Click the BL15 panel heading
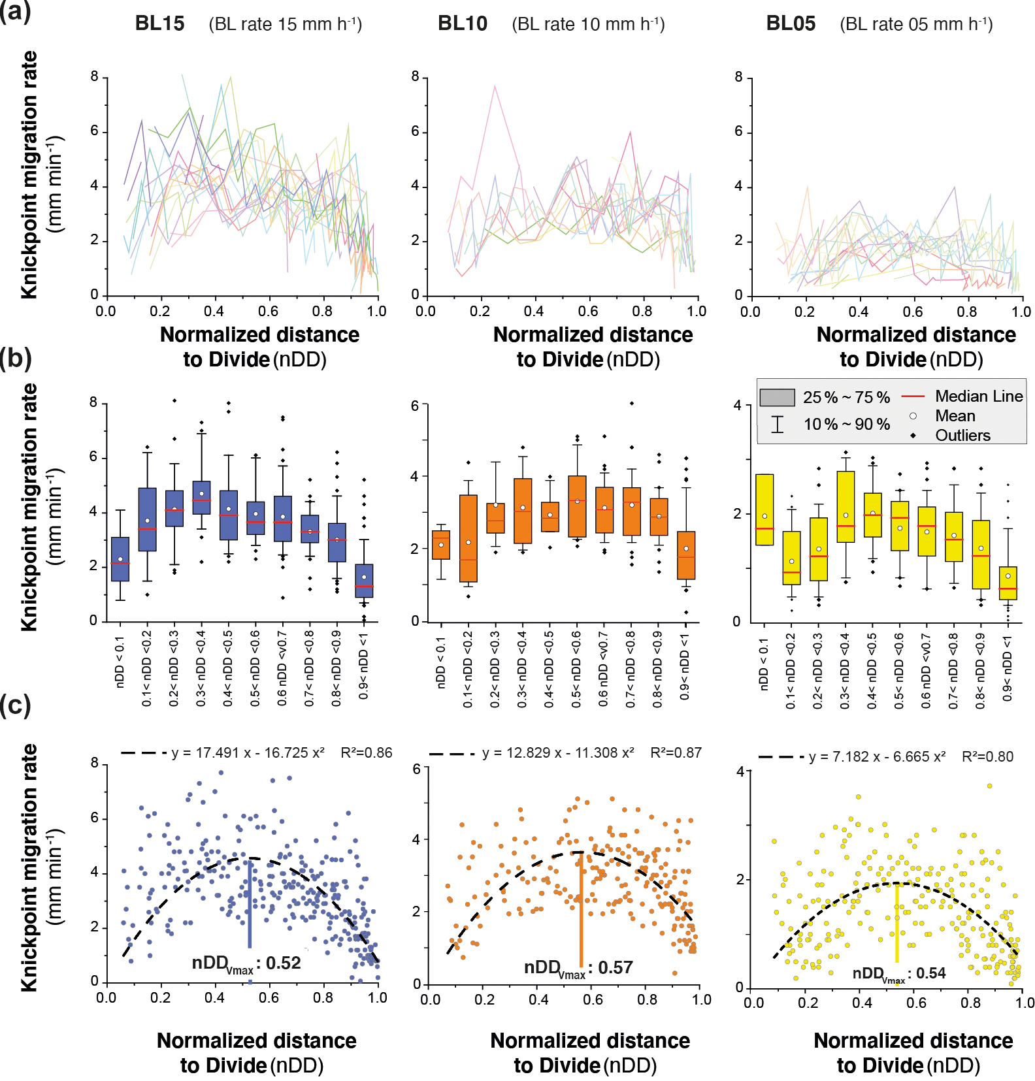[x=159, y=24]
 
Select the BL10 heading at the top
[x=463, y=24]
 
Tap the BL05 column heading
[x=791, y=24]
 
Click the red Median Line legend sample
[x=913, y=396]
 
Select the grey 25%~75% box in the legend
[x=777, y=397]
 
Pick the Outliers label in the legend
[x=962, y=436]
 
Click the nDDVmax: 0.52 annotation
[x=246, y=963]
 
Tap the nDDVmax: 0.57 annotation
[x=578, y=968]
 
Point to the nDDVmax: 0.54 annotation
[x=899, y=974]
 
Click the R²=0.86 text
[x=367, y=753]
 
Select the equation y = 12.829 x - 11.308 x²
[x=558, y=753]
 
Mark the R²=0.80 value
[x=987, y=757]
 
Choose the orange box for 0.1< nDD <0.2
[x=468, y=538]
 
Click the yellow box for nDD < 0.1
[x=764, y=509]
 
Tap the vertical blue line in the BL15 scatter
[x=250, y=905]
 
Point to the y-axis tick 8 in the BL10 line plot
[x=416, y=77]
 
